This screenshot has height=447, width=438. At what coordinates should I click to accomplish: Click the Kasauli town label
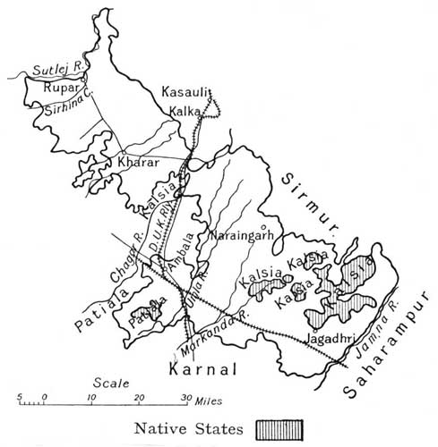pyautogui.click(x=185, y=90)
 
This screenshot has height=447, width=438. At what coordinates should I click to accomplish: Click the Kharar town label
pyautogui.click(x=136, y=164)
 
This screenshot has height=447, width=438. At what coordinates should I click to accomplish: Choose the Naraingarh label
pyautogui.click(x=237, y=237)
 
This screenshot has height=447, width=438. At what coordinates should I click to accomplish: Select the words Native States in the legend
pyautogui.click(x=187, y=430)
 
